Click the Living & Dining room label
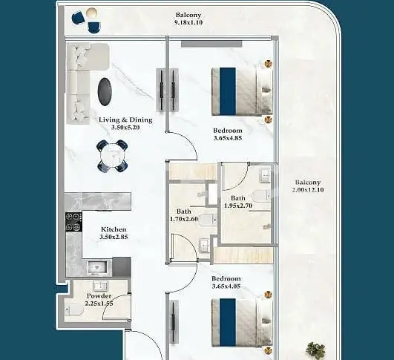pyautogui.click(x=125, y=120)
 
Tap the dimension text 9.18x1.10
pyautogui.click(x=188, y=22)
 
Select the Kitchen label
pyautogui.click(x=114, y=229)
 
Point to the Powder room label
pyautogui.click(x=99, y=295)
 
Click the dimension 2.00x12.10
pyautogui.click(x=308, y=189)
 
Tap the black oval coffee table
pyautogui.click(x=105, y=91)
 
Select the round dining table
pyautogui.click(x=112, y=156)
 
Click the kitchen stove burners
pyautogui.click(x=73, y=222)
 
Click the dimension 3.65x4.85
pyautogui.click(x=228, y=138)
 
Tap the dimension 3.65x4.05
pyautogui.click(x=226, y=286)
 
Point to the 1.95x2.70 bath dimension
pyautogui.click(x=238, y=206)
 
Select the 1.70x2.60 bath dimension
pyautogui.click(x=184, y=219)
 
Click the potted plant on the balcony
pyautogui.click(x=315, y=350)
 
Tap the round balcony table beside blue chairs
pyautogui.click(x=91, y=13)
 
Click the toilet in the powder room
pyautogui.click(x=73, y=310)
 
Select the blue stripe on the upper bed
pyautogui.click(x=228, y=91)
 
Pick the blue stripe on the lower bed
pyautogui.click(x=228, y=322)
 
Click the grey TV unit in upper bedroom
pyautogui.click(x=211, y=44)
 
